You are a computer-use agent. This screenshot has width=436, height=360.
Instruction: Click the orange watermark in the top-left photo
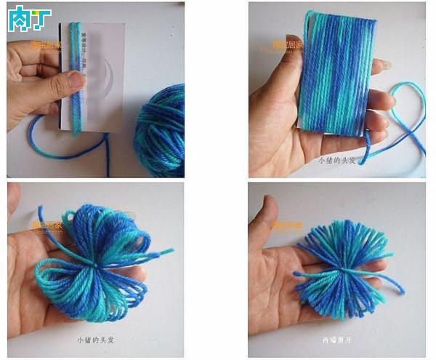click(x=46, y=45)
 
